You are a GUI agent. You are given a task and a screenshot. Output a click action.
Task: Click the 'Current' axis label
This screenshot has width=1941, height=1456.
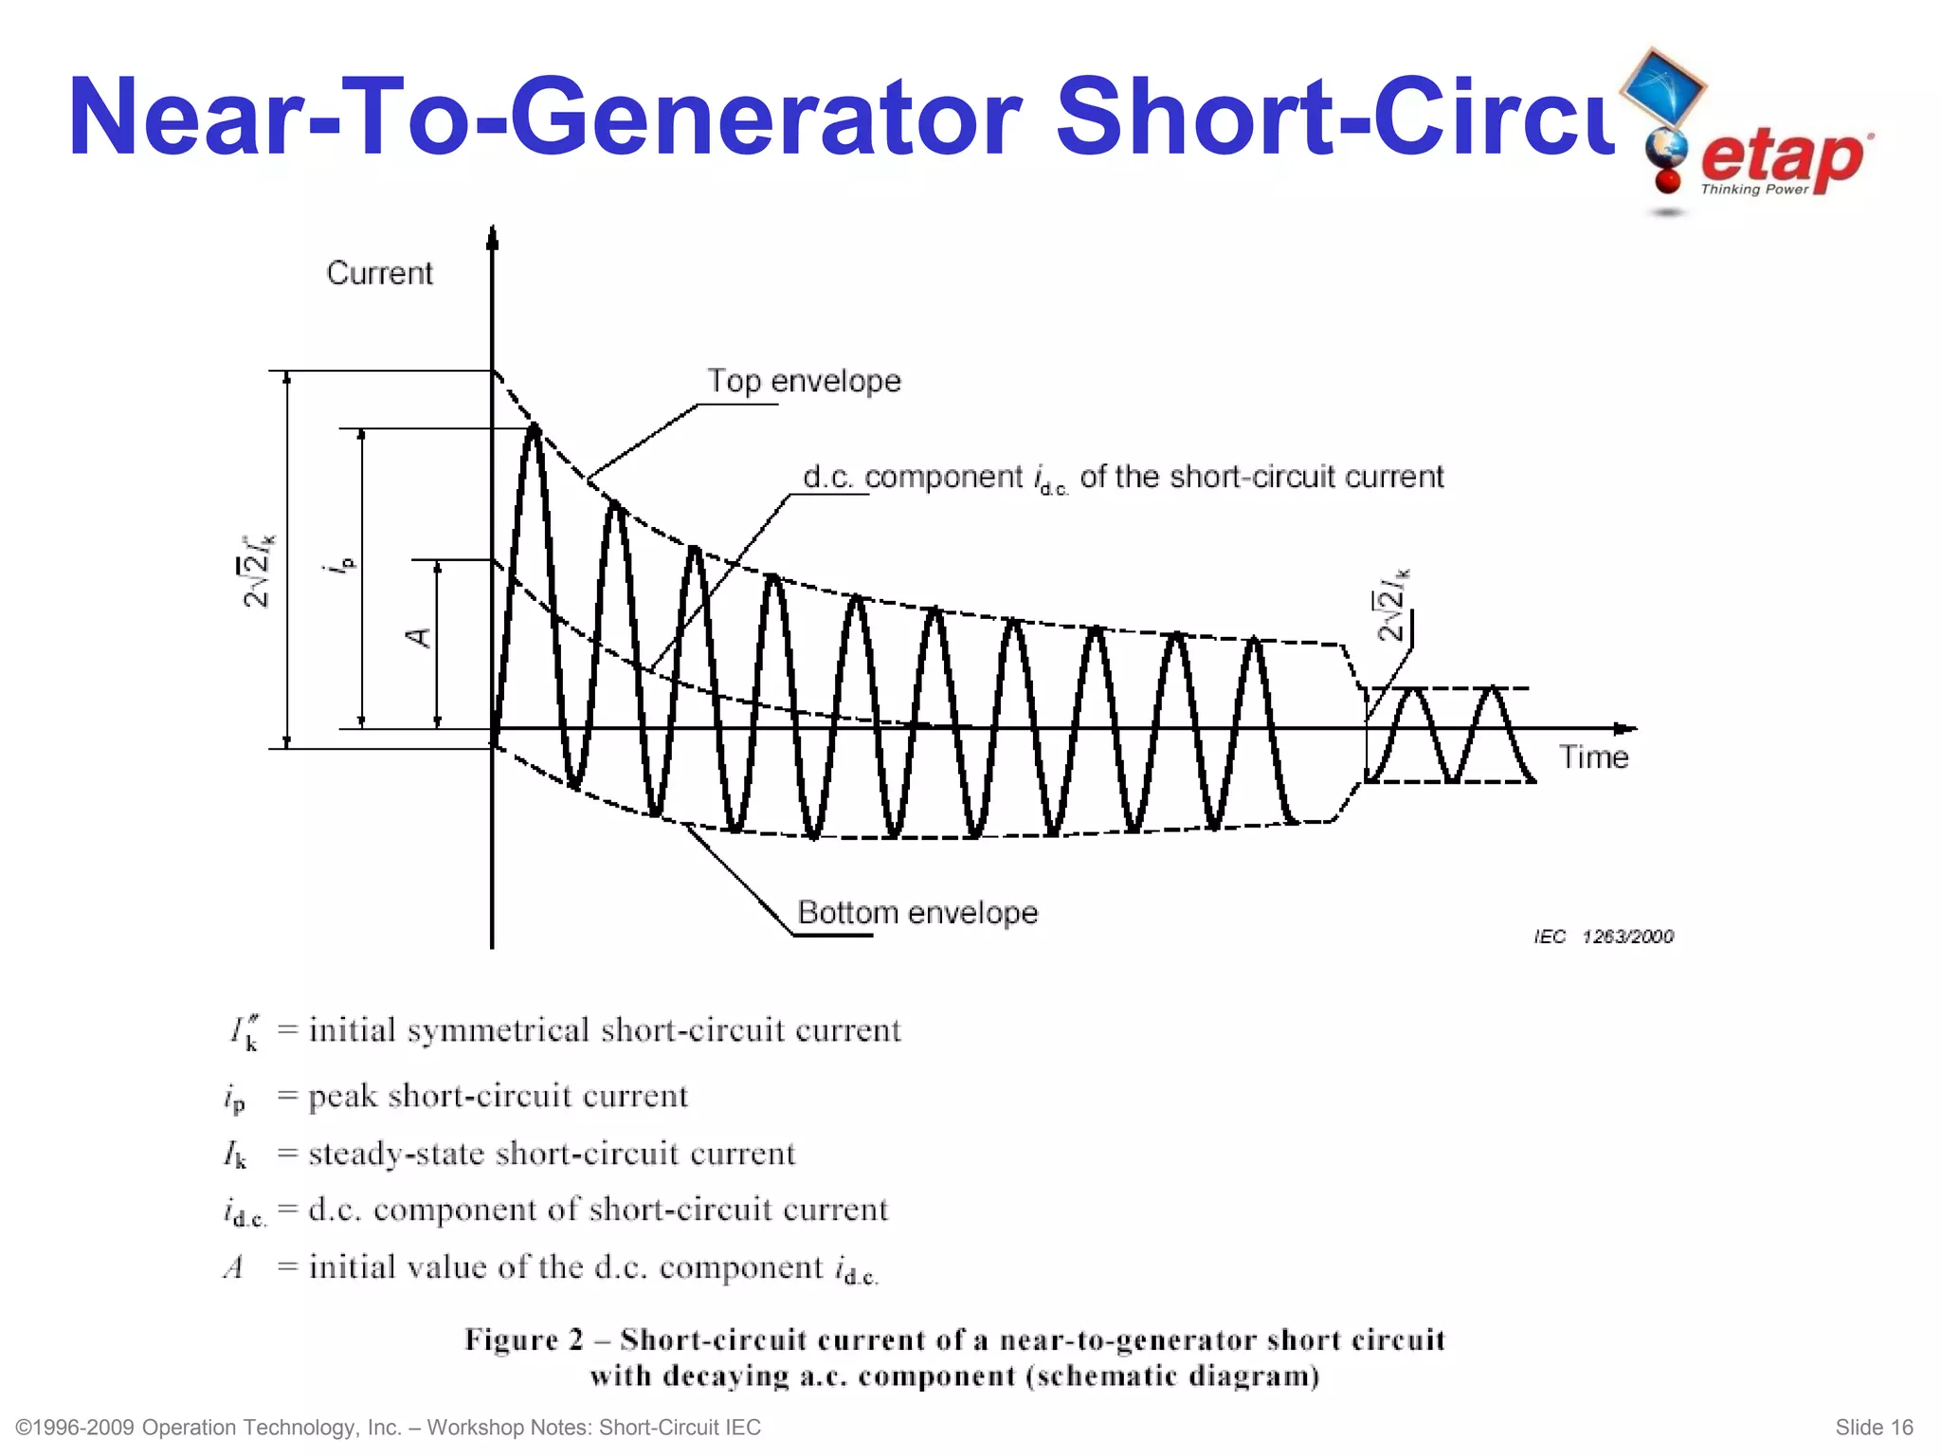pos(379,273)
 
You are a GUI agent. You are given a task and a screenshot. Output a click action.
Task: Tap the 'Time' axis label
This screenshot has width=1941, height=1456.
pos(1593,757)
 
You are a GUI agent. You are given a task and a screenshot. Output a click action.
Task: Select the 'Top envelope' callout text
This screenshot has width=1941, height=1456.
pos(804,381)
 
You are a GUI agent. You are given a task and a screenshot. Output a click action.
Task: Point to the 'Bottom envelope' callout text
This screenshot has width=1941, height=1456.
pos(917,912)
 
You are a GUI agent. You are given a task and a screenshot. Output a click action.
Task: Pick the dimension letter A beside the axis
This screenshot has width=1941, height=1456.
pos(418,637)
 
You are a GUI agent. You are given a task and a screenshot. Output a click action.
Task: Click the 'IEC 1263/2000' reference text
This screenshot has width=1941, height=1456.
pos(1604,937)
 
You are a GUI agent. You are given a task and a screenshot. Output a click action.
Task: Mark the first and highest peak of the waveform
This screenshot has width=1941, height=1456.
pos(535,430)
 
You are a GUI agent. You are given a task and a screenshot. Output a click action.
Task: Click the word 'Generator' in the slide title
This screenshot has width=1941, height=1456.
pos(766,118)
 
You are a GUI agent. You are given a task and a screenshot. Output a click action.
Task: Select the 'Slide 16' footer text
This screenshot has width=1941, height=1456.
pos(1874,1428)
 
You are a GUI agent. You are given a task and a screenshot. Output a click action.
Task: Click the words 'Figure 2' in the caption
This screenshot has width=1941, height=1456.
pos(523,1339)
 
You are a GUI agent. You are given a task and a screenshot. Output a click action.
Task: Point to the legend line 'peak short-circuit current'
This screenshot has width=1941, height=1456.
pos(498,1096)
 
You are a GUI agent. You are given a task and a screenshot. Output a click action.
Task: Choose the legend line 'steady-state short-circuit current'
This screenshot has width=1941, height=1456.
pos(552,1154)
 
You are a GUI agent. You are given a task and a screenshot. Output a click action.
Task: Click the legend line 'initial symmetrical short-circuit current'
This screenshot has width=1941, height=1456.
pos(605,1030)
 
